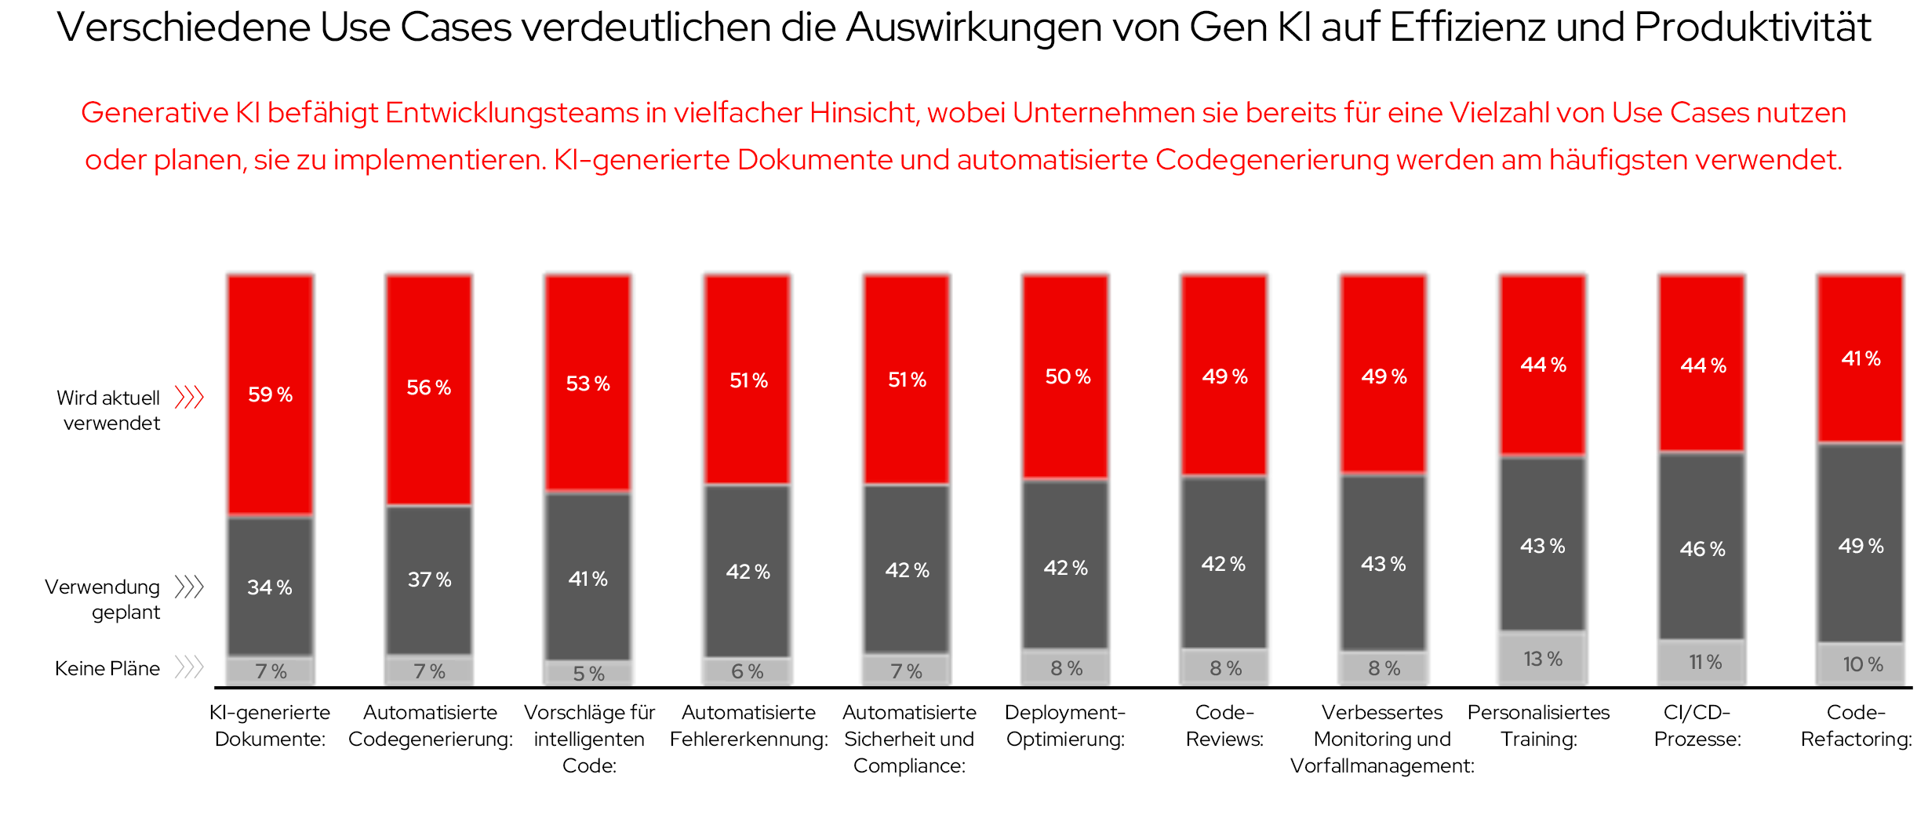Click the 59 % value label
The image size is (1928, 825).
click(x=270, y=394)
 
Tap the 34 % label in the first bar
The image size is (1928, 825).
click(x=270, y=587)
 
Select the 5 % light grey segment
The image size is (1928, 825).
click(x=588, y=673)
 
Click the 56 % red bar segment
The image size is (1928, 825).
click(x=429, y=388)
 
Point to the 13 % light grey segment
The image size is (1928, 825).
click(x=1543, y=659)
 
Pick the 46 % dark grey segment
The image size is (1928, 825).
click(x=1702, y=548)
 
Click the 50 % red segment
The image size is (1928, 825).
click(x=1066, y=376)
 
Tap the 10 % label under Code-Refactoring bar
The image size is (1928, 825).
click(x=1862, y=664)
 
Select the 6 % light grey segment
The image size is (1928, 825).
click(x=748, y=671)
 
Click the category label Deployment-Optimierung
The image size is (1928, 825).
click(x=1065, y=725)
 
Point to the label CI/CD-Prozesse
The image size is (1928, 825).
click(x=1697, y=725)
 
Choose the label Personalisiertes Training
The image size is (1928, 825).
click(x=1539, y=725)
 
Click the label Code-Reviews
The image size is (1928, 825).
click(x=1224, y=725)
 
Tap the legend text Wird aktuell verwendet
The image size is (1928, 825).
click(x=110, y=409)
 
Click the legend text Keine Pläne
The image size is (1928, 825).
click(x=107, y=668)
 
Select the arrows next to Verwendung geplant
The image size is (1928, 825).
click(x=189, y=587)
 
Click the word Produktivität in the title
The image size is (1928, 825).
click(x=1753, y=27)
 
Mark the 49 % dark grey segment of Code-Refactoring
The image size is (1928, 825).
click(x=1861, y=545)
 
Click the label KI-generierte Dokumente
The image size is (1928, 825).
click(x=270, y=725)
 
